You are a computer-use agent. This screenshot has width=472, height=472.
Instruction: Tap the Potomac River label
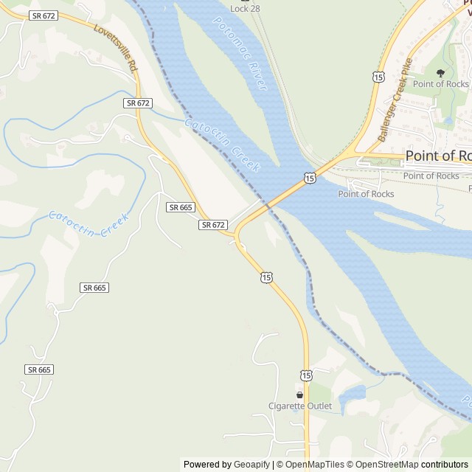(x=240, y=53)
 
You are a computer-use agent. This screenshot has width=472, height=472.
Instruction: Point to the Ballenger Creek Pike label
(x=395, y=100)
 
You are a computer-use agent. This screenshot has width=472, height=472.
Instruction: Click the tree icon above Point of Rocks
(x=441, y=73)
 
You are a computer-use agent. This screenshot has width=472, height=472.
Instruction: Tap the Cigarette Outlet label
(x=299, y=406)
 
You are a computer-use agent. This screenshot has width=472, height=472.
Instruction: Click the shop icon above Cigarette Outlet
(x=299, y=395)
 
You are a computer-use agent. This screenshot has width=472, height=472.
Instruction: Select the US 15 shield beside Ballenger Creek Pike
(x=378, y=77)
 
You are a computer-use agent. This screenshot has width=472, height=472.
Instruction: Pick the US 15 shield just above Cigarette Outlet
(x=306, y=375)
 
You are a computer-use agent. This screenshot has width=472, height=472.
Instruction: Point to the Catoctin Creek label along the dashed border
(x=222, y=145)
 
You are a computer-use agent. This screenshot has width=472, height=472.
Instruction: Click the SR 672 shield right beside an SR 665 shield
(x=212, y=224)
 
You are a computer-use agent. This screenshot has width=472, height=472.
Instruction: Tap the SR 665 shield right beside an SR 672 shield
(x=181, y=207)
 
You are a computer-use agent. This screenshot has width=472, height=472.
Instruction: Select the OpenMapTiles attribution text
(x=314, y=465)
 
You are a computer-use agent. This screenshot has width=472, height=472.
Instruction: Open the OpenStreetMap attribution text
(x=384, y=465)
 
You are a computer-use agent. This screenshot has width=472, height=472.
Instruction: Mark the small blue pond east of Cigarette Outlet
(x=353, y=396)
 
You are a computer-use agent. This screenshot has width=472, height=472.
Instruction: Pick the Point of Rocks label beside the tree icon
(x=441, y=84)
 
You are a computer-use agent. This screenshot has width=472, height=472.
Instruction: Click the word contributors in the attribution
(x=445, y=465)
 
